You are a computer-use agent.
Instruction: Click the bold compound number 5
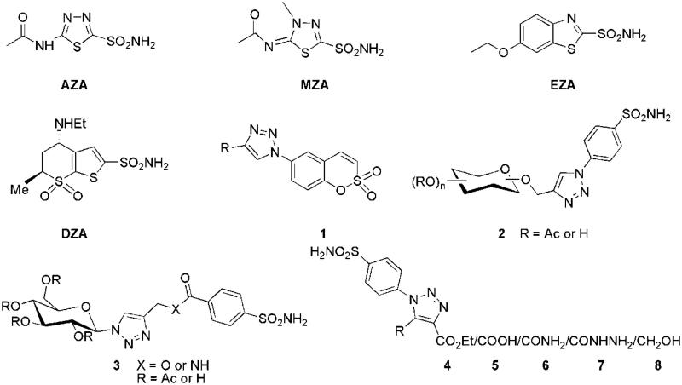(x=525, y=369)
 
